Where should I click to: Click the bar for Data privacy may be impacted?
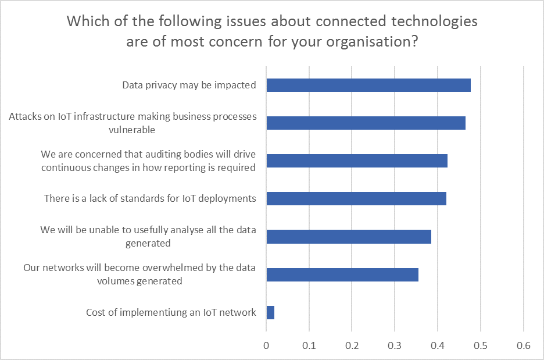pyautogui.click(x=368, y=85)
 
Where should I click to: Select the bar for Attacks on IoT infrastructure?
pyautogui.click(x=366, y=123)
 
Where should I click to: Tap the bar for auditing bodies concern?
pyautogui.click(x=357, y=161)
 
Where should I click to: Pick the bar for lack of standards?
pyautogui.click(x=356, y=198)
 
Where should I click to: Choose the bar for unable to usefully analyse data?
pyautogui.click(x=349, y=237)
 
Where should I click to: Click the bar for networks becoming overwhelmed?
pyautogui.click(x=342, y=275)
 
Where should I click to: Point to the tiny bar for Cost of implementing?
pyautogui.click(x=270, y=312)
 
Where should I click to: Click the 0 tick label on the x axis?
pyautogui.click(x=266, y=345)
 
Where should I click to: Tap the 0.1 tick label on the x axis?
pyautogui.click(x=309, y=345)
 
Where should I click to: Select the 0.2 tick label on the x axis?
pyautogui.click(x=352, y=345)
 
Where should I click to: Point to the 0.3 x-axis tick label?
pyautogui.click(x=395, y=345)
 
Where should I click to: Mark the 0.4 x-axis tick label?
pyautogui.click(x=438, y=345)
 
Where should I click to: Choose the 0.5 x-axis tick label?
pyautogui.click(x=481, y=345)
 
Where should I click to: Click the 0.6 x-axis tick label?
pyautogui.click(x=524, y=345)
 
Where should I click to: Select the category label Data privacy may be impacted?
pyautogui.click(x=189, y=85)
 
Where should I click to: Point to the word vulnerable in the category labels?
pyautogui.click(x=132, y=130)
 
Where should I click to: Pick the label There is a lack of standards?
pyautogui.click(x=150, y=198)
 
